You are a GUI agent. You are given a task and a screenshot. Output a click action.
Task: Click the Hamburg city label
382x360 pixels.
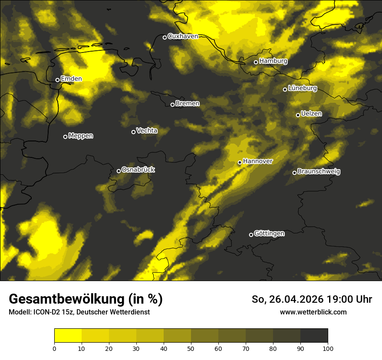coord(273,61)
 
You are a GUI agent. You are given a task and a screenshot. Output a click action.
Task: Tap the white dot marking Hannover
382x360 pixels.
coord(240,163)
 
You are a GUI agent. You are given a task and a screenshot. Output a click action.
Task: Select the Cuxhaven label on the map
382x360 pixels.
coord(183,36)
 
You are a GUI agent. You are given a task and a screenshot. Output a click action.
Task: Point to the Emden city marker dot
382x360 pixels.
coord(57,80)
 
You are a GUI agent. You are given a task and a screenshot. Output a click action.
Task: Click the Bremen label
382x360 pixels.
coord(188,104)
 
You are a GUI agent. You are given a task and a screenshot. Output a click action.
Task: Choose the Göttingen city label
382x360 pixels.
coord(269,234)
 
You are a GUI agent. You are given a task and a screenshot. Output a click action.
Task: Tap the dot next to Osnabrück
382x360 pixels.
coord(119,171)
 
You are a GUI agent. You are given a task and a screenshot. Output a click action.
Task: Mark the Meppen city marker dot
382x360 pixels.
coord(66,137)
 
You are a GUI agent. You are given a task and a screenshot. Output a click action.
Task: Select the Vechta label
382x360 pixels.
coord(147,131)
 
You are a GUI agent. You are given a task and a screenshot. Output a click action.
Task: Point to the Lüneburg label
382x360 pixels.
coord(303,88)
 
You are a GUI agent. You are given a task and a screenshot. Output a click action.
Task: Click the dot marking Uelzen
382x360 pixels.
coord(298,115)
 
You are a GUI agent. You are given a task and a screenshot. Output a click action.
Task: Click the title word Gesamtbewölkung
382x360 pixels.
coord(68,299)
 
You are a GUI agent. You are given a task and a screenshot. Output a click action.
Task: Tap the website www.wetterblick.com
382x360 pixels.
coord(313,312)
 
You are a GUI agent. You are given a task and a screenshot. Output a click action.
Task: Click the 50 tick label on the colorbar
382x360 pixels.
coord(191,348)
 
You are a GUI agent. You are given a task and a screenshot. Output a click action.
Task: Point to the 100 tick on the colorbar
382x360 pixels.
coord(328,348)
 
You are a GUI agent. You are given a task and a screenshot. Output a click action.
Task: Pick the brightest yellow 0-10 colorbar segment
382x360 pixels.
coord(68,336)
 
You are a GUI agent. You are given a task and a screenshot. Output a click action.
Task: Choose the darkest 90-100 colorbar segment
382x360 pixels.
coord(314,336)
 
